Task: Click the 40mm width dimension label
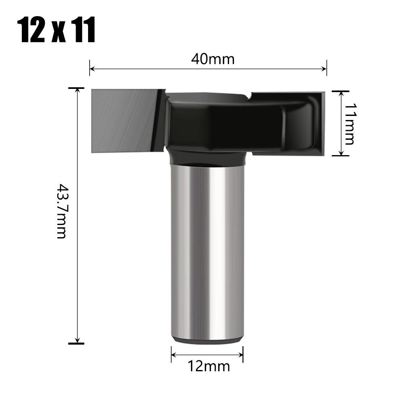(x=213, y=59)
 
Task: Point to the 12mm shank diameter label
(x=208, y=366)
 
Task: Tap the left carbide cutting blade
(x=123, y=120)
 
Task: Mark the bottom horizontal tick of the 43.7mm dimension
(x=76, y=343)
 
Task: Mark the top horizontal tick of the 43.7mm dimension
(x=76, y=88)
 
